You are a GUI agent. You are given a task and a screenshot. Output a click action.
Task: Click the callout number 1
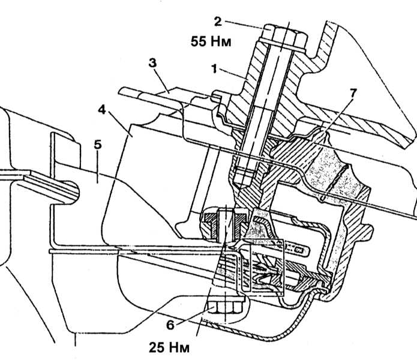click(214, 69)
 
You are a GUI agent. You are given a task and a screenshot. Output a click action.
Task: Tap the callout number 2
click(218, 22)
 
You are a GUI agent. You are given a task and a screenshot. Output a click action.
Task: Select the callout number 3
click(152, 63)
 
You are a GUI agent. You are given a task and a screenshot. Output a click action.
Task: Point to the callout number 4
click(101, 110)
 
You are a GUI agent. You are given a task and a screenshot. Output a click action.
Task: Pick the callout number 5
click(98, 145)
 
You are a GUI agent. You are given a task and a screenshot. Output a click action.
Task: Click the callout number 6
click(170, 325)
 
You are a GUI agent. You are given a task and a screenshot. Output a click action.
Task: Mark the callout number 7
click(353, 93)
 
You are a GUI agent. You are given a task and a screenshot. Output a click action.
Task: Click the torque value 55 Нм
click(211, 42)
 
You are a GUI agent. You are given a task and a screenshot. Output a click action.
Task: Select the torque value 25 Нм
click(169, 347)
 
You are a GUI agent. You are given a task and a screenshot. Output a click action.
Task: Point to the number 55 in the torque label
click(199, 42)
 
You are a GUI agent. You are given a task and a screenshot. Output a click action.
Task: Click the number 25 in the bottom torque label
click(157, 347)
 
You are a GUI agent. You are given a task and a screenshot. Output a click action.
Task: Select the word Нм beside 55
click(221, 42)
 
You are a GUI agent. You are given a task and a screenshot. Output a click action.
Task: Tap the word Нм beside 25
click(180, 348)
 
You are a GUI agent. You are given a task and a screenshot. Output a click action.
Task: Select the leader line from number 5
click(98, 167)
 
